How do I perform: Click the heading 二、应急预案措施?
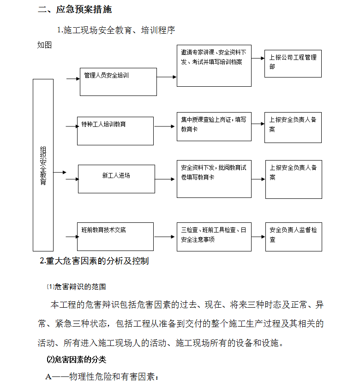click(75, 9)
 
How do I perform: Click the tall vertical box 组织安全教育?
click(43, 165)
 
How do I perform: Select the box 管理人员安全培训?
click(118, 82)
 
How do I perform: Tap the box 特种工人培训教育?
click(115, 131)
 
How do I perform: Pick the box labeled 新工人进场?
click(116, 179)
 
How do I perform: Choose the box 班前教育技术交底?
click(115, 237)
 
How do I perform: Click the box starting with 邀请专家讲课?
click(214, 66)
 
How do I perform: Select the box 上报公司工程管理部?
click(293, 64)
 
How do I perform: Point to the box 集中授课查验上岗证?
click(214, 126)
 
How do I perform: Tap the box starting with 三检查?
click(214, 237)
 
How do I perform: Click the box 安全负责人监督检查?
click(294, 237)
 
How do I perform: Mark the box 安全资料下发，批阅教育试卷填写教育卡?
click(214, 179)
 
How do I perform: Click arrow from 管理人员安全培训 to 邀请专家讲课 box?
click(167, 77)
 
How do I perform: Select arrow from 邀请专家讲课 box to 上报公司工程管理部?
click(258, 59)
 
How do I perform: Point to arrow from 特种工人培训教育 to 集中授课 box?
click(164, 126)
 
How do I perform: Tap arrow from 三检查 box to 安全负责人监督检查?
click(258, 237)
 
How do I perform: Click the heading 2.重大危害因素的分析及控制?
click(94, 261)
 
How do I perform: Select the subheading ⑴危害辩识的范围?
click(77, 287)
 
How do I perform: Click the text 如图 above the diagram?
click(44, 45)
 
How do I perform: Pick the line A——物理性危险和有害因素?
click(102, 376)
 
